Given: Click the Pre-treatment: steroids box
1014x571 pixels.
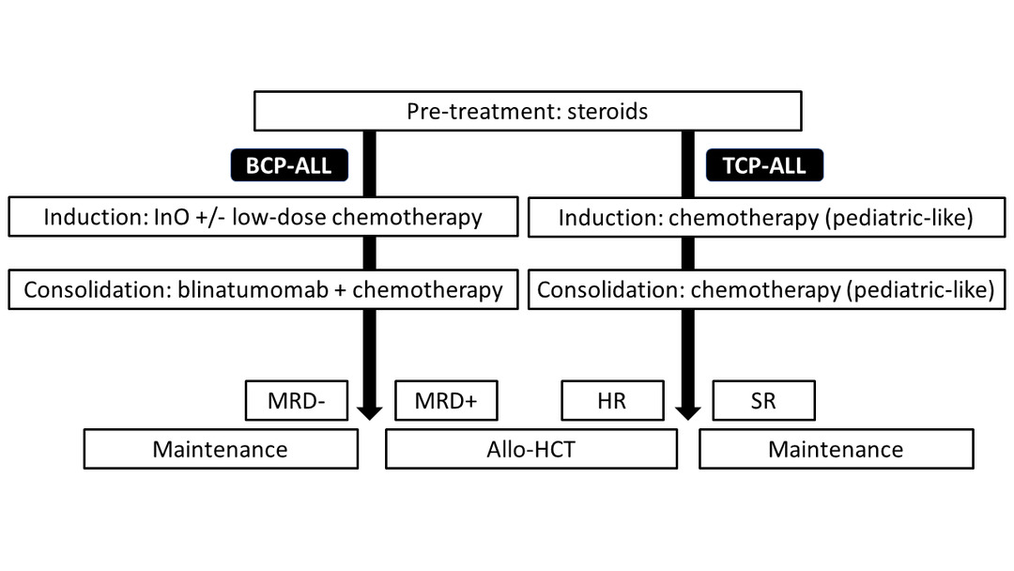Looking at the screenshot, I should [529, 111].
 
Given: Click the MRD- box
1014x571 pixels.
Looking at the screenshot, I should [296, 401].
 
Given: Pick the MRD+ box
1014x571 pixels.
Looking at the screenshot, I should [446, 401].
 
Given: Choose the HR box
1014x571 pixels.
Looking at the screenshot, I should [611, 401].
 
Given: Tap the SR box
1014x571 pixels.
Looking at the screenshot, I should [763, 401].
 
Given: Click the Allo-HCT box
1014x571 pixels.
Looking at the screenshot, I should [530, 450].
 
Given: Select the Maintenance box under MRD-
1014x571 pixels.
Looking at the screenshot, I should [221, 450].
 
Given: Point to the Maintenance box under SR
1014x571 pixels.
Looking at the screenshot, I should [836, 450].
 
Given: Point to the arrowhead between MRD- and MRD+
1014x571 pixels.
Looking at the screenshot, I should [369, 410].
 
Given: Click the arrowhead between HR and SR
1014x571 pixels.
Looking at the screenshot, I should [688, 410].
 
